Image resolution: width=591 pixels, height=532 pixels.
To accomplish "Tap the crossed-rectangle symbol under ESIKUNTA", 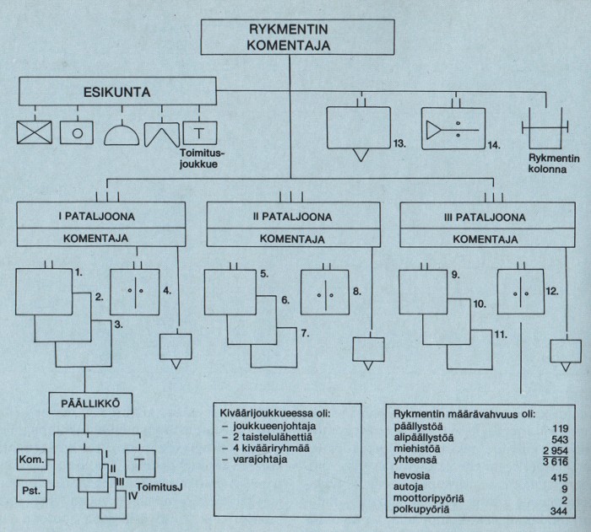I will pos(34,132).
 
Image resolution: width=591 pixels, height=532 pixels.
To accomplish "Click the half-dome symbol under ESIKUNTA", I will pos(122,132).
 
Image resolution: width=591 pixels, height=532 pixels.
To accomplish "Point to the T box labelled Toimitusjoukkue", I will pos(198,132).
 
